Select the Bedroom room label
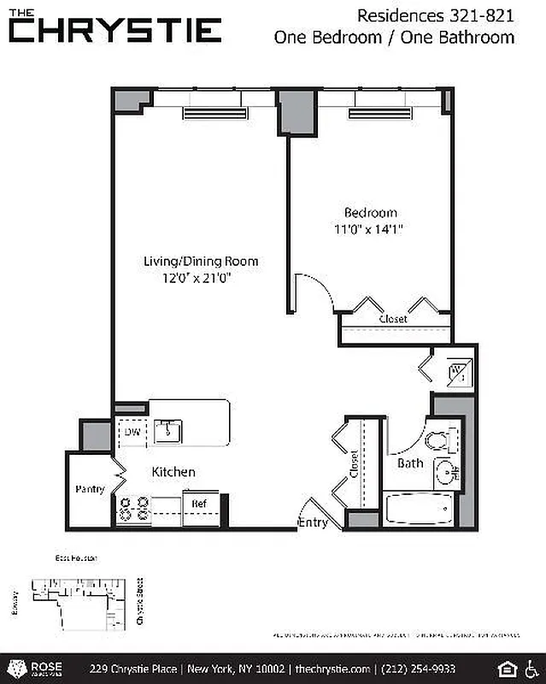tap(371, 213)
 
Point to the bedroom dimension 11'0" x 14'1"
tap(369, 229)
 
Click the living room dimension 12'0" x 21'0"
tap(198, 278)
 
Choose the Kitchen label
tap(173, 472)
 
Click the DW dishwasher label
tap(132, 433)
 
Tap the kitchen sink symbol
tap(168, 430)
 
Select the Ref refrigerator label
tap(199, 504)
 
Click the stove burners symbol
tap(134, 510)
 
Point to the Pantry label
tap(90, 490)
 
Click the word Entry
tap(312, 522)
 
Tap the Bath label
tap(410, 463)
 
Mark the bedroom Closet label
tap(393, 319)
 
